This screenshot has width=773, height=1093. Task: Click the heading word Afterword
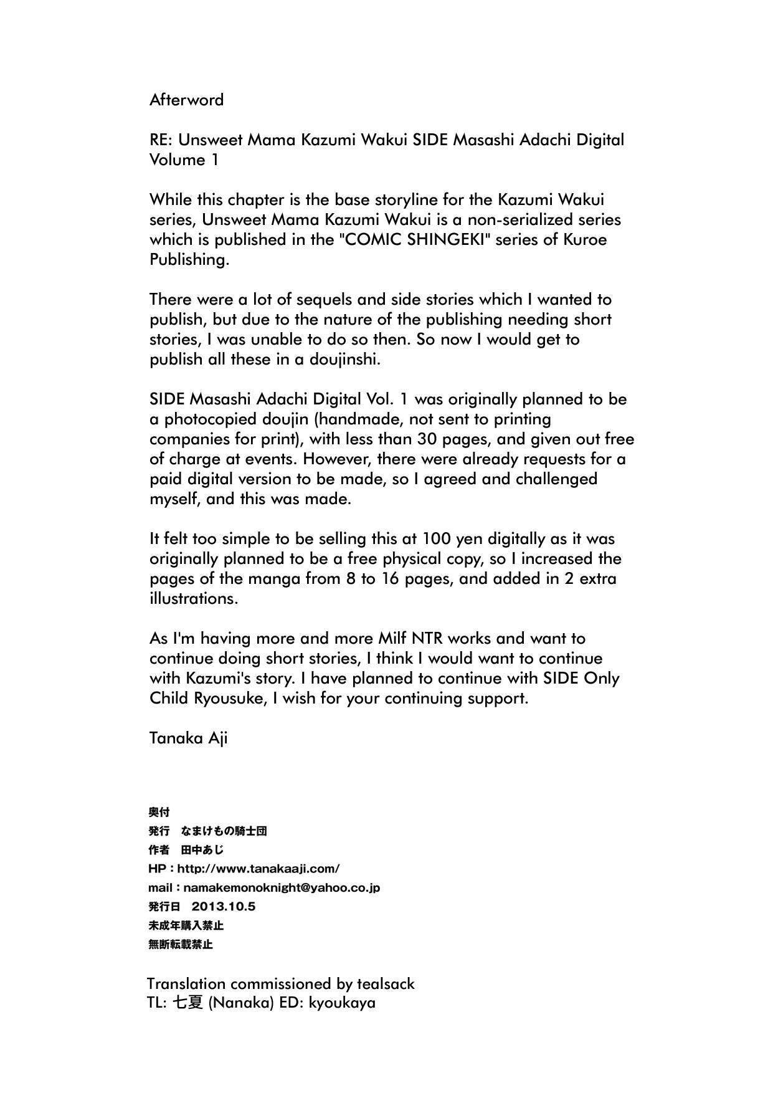tap(186, 100)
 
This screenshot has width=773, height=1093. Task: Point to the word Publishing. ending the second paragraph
tap(189, 260)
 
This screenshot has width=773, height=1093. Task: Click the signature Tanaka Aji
tap(188, 738)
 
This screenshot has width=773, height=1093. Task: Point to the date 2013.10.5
tap(224, 907)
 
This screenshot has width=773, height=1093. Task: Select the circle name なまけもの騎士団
tap(224, 831)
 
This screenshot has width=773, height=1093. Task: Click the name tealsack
tap(386, 984)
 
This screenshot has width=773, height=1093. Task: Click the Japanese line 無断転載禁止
tap(181, 944)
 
